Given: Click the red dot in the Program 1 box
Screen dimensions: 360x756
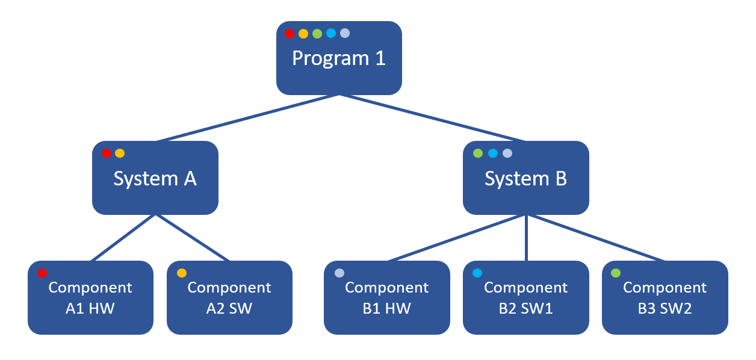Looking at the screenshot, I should pyautogui.click(x=290, y=34).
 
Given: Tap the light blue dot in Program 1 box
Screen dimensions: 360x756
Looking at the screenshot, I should pyautogui.click(x=331, y=33).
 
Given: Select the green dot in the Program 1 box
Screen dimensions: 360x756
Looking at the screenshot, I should pyautogui.click(x=317, y=34).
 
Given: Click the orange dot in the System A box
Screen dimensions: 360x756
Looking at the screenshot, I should pyautogui.click(x=120, y=154).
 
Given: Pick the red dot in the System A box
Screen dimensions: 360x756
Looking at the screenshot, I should pyautogui.click(x=107, y=154).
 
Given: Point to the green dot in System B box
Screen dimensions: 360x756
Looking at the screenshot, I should pyautogui.click(x=478, y=154).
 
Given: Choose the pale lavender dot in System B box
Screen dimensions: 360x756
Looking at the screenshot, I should pyautogui.click(x=507, y=154).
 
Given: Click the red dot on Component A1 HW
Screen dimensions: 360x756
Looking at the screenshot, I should pyautogui.click(x=42, y=273).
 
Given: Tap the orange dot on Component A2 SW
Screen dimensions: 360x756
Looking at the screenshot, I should pyautogui.click(x=181, y=273).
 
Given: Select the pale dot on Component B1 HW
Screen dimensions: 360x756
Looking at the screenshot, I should pyautogui.click(x=339, y=273).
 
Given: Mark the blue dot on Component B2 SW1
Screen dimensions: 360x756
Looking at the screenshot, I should pyautogui.click(x=477, y=273).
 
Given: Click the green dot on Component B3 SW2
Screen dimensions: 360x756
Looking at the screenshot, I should pyautogui.click(x=616, y=273).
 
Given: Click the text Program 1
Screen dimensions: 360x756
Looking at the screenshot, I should pyautogui.click(x=339, y=58).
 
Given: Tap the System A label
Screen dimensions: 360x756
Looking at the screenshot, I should pyautogui.click(x=155, y=179).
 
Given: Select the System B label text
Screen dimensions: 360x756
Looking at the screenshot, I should pyautogui.click(x=526, y=179).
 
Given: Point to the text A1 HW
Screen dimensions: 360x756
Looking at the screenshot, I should pyautogui.click(x=90, y=309).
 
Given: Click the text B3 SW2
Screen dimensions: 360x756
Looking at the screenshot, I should pyautogui.click(x=665, y=309).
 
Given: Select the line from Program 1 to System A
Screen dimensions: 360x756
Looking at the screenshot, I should pyautogui.click(x=247, y=118).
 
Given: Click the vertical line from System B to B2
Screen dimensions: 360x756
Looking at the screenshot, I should pyautogui.click(x=527, y=238).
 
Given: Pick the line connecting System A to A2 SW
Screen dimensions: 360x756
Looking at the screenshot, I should pyautogui.click(x=193, y=238).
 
